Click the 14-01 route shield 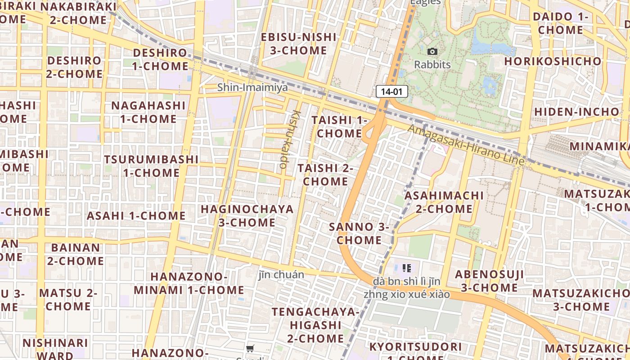point(391,92)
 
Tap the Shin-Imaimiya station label point(252,87)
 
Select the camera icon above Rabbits point(432,52)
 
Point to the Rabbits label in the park point(432,65)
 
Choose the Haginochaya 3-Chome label point(247,216)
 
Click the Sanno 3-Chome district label point(359,233)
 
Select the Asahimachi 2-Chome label point(444,202)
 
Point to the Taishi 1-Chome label point(339,127)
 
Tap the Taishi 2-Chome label point(325,175)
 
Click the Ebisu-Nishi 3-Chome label point(299,44)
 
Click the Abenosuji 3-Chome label point(489,281)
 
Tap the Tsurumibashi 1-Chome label point(151,166)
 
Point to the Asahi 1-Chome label point(136,216)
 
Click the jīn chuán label point(281,274)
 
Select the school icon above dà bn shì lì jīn point(407,269)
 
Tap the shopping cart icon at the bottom point(250,348)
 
